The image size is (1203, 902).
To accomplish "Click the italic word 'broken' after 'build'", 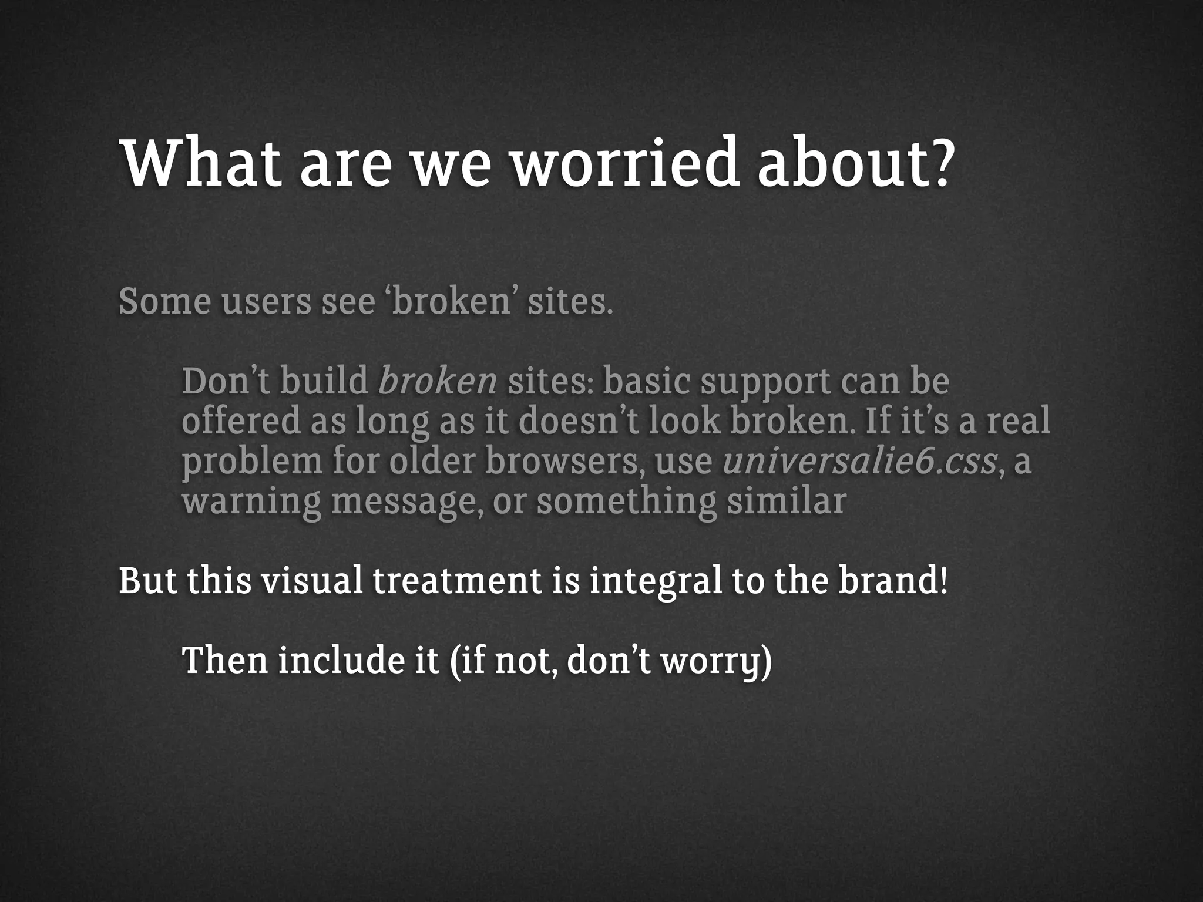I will pos(438,382).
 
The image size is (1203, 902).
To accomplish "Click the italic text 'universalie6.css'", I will pos(859,461).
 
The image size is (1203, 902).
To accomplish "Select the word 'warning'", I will pos(251,503).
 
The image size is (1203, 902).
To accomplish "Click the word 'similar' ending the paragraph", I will pos(787,502).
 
